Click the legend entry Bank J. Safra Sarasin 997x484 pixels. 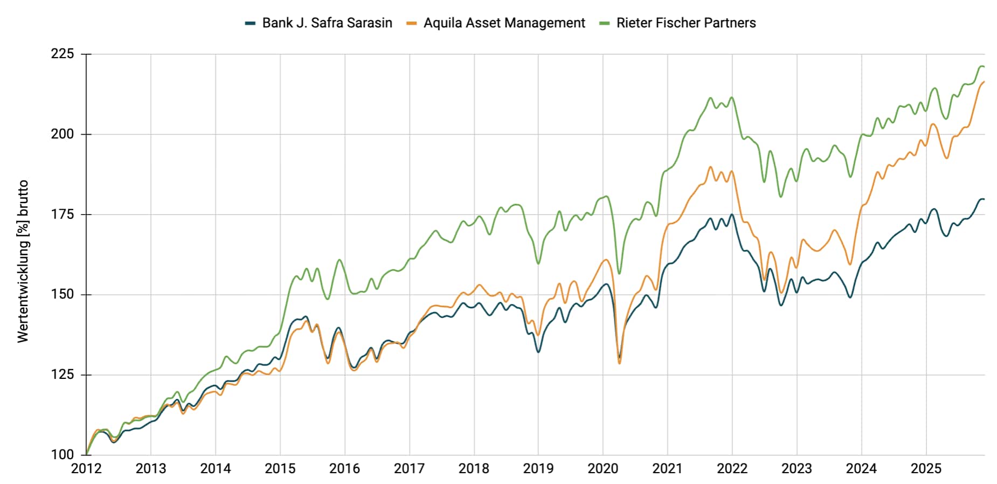pyautogui.click(x=327, y=23)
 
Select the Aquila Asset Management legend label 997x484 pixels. pyautogui.click(x=504, y=23)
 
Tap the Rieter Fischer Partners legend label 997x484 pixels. pyautogui.click(x=686, y=23)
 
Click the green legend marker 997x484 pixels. pyautogui.click(x=604, y=23)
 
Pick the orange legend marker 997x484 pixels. pyautogui.click(x=412, y=23)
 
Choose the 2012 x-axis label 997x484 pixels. pyautogui.click(x=86, y=469)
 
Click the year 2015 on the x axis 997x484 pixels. pyautogui.click(x=280, y=469)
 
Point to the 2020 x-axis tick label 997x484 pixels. pyautogui.click(x=603, y=469)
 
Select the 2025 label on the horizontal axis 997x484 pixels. pyautogui.click(x=926, y=469)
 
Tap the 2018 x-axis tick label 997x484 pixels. pyautogui.click(x=474, y=469)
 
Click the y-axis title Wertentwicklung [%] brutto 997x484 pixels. pyautogui.click(x=23, y=261)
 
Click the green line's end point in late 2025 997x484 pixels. pyautogui.click(x=984, y=67)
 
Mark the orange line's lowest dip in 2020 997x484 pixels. pyautogui.click(x=619, y=363)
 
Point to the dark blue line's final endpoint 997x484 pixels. pyautogui.click(x=984, y=199)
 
